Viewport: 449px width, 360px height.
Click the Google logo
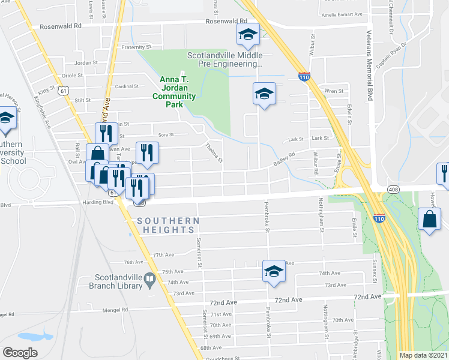click(x=20, y=353)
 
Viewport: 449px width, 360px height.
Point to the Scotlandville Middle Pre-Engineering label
click(x=225, y=59)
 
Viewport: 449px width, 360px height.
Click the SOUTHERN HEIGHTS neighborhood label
click(x=168, y=225)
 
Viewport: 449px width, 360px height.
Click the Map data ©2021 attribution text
click(x=424, y=355)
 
